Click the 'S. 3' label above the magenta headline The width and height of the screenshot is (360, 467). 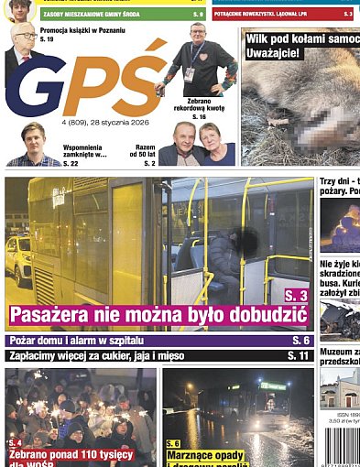295,296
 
